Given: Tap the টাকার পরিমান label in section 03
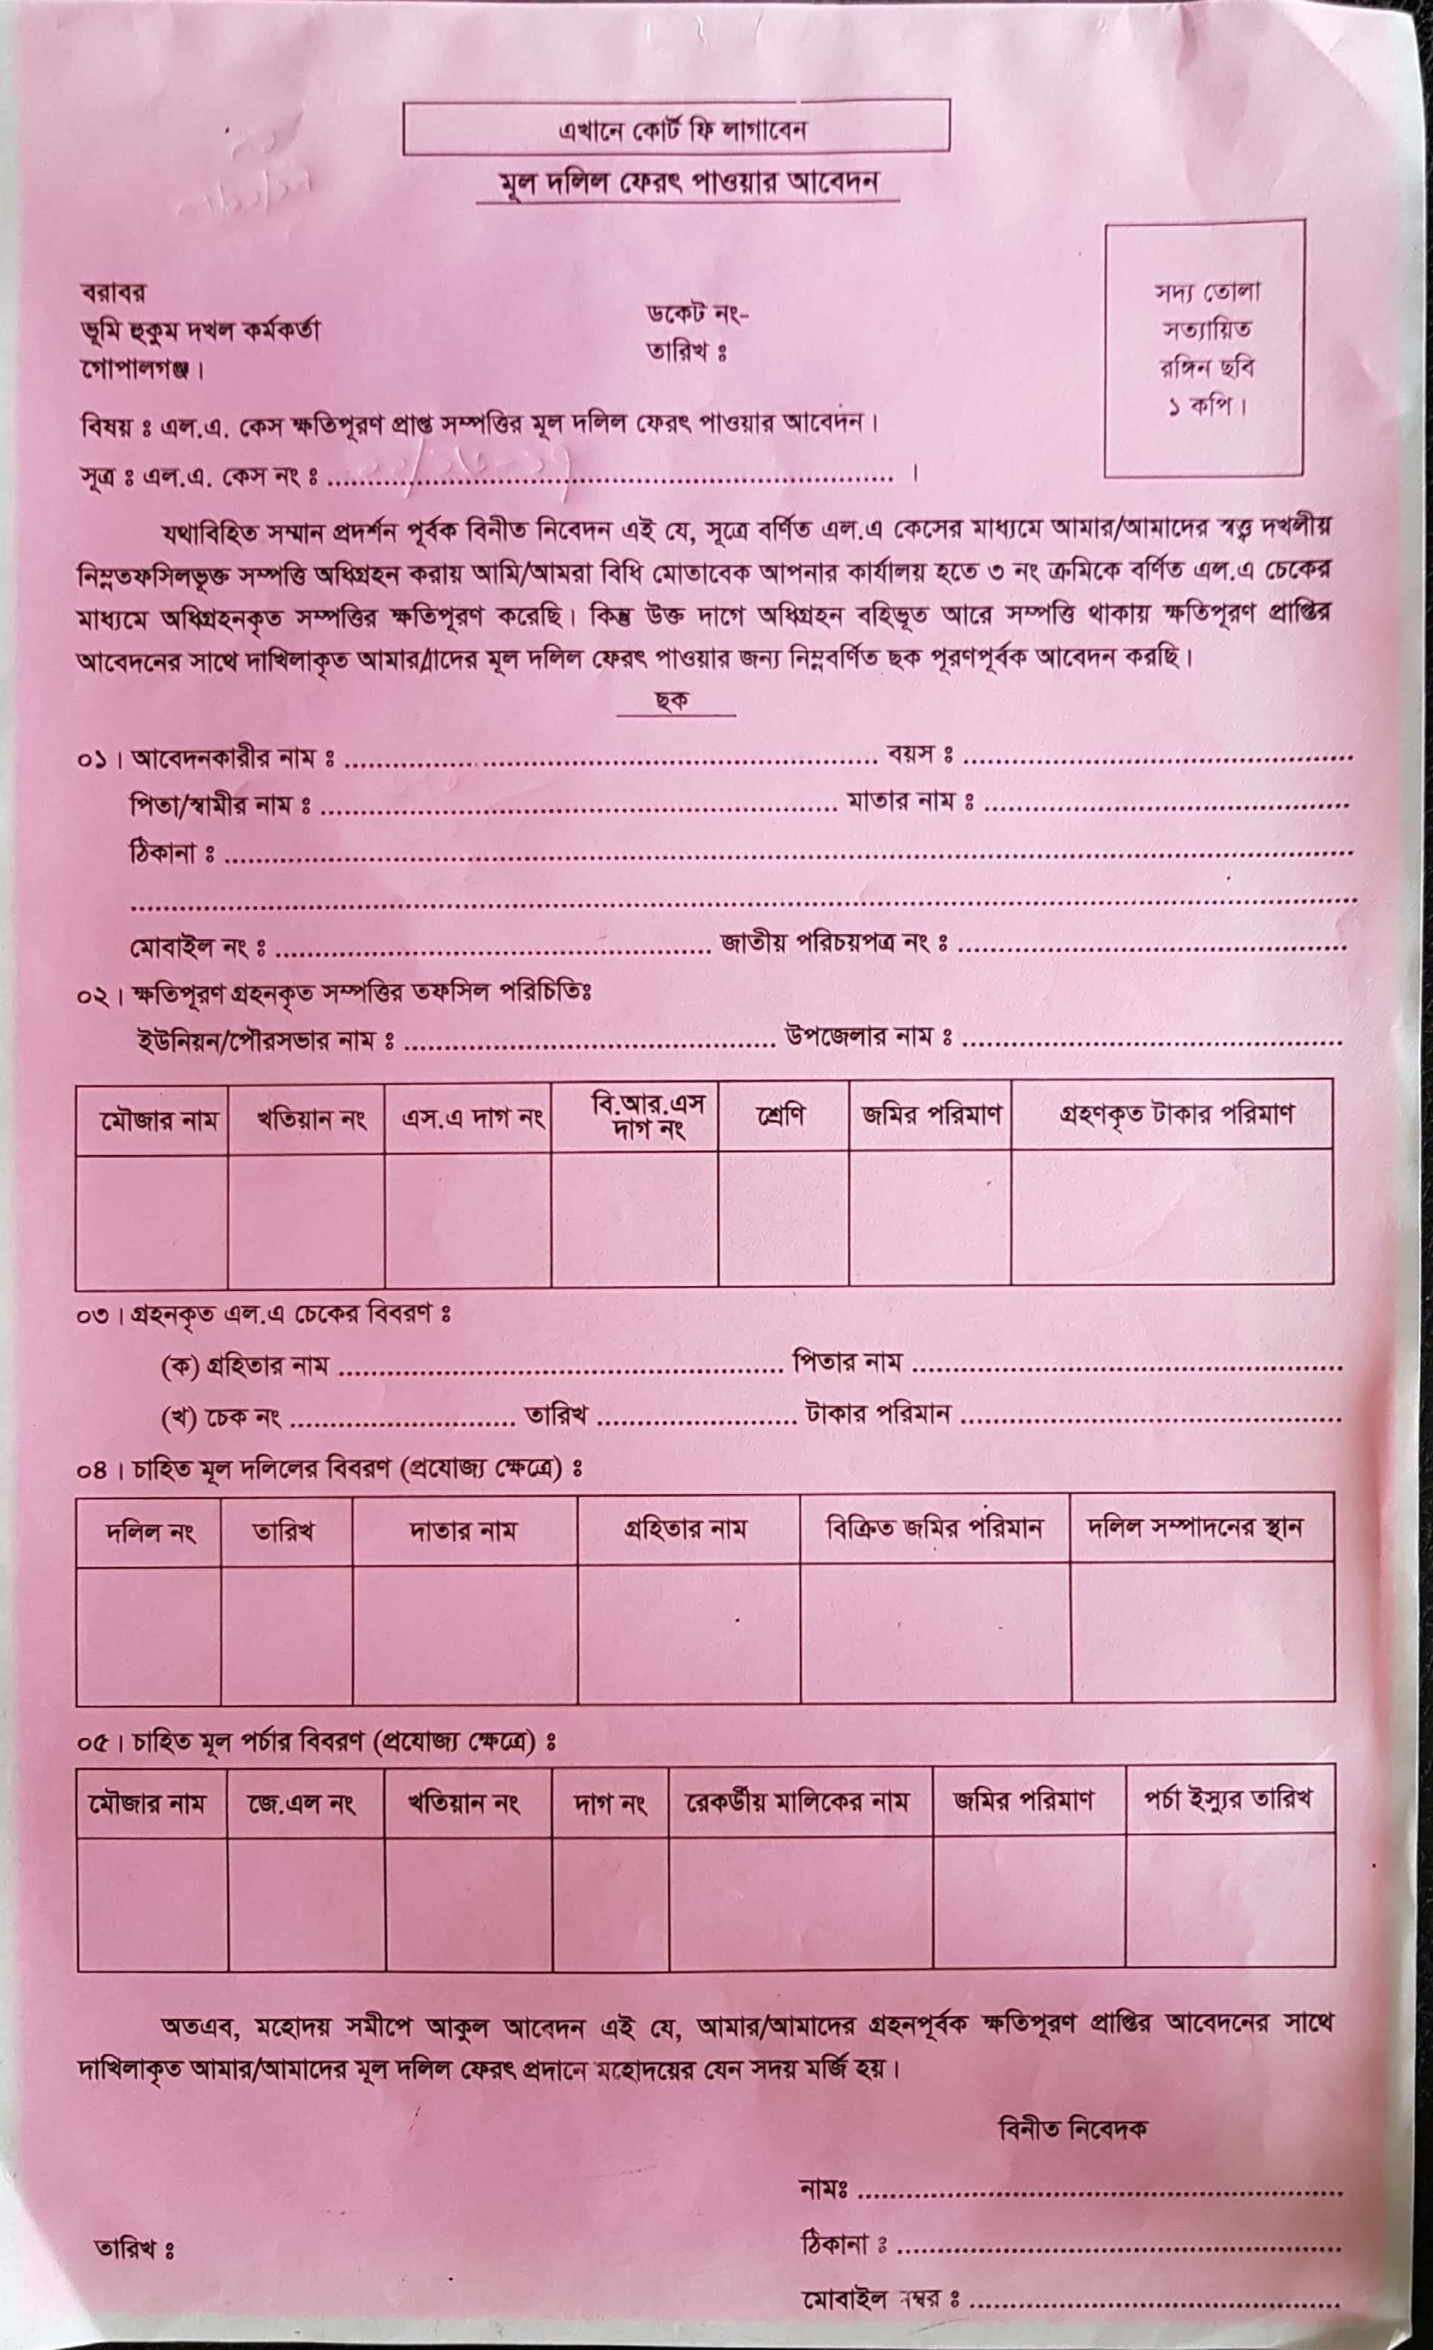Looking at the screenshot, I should pos(877,1412).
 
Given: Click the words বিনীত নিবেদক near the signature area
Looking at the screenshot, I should pos(1073,2128).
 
